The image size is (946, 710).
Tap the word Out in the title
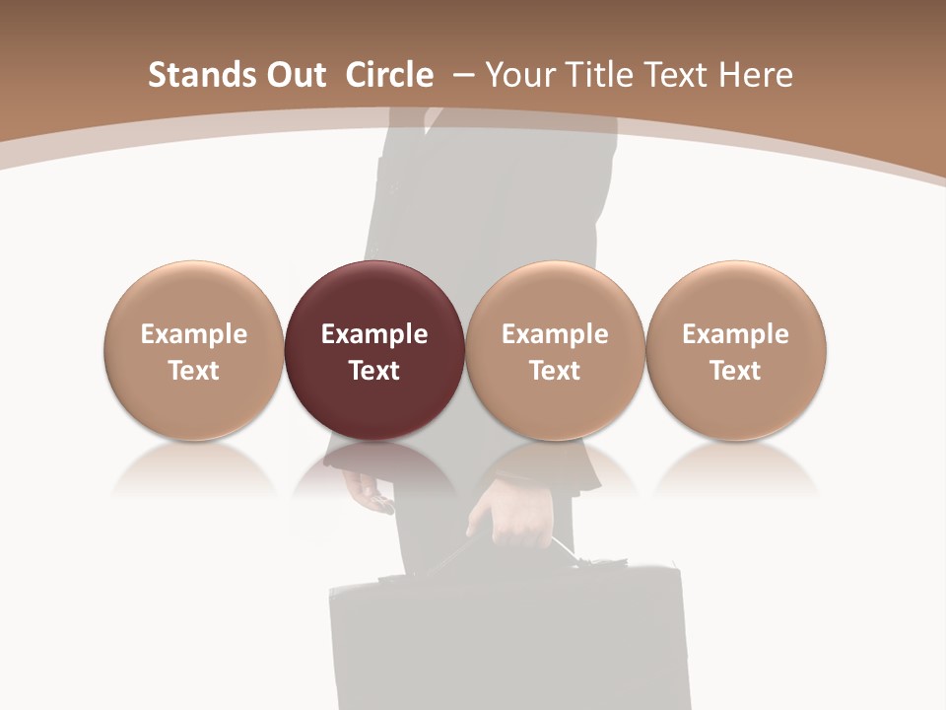pyautogui.click(x=291, y=75)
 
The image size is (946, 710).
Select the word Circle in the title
pyautogui.click(x=389, y=75)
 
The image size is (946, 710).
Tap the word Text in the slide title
pyautogui.click(x=677, y=75)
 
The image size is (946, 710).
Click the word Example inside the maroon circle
pyautogui.click(x=374, y=334)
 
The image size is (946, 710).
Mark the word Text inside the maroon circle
pyautogui.click(x=374, y=371)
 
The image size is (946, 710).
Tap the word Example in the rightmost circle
pyautogui.click(x=736, y=334)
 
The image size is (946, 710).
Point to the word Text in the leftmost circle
pyautogui.click(x=194, y=371)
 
